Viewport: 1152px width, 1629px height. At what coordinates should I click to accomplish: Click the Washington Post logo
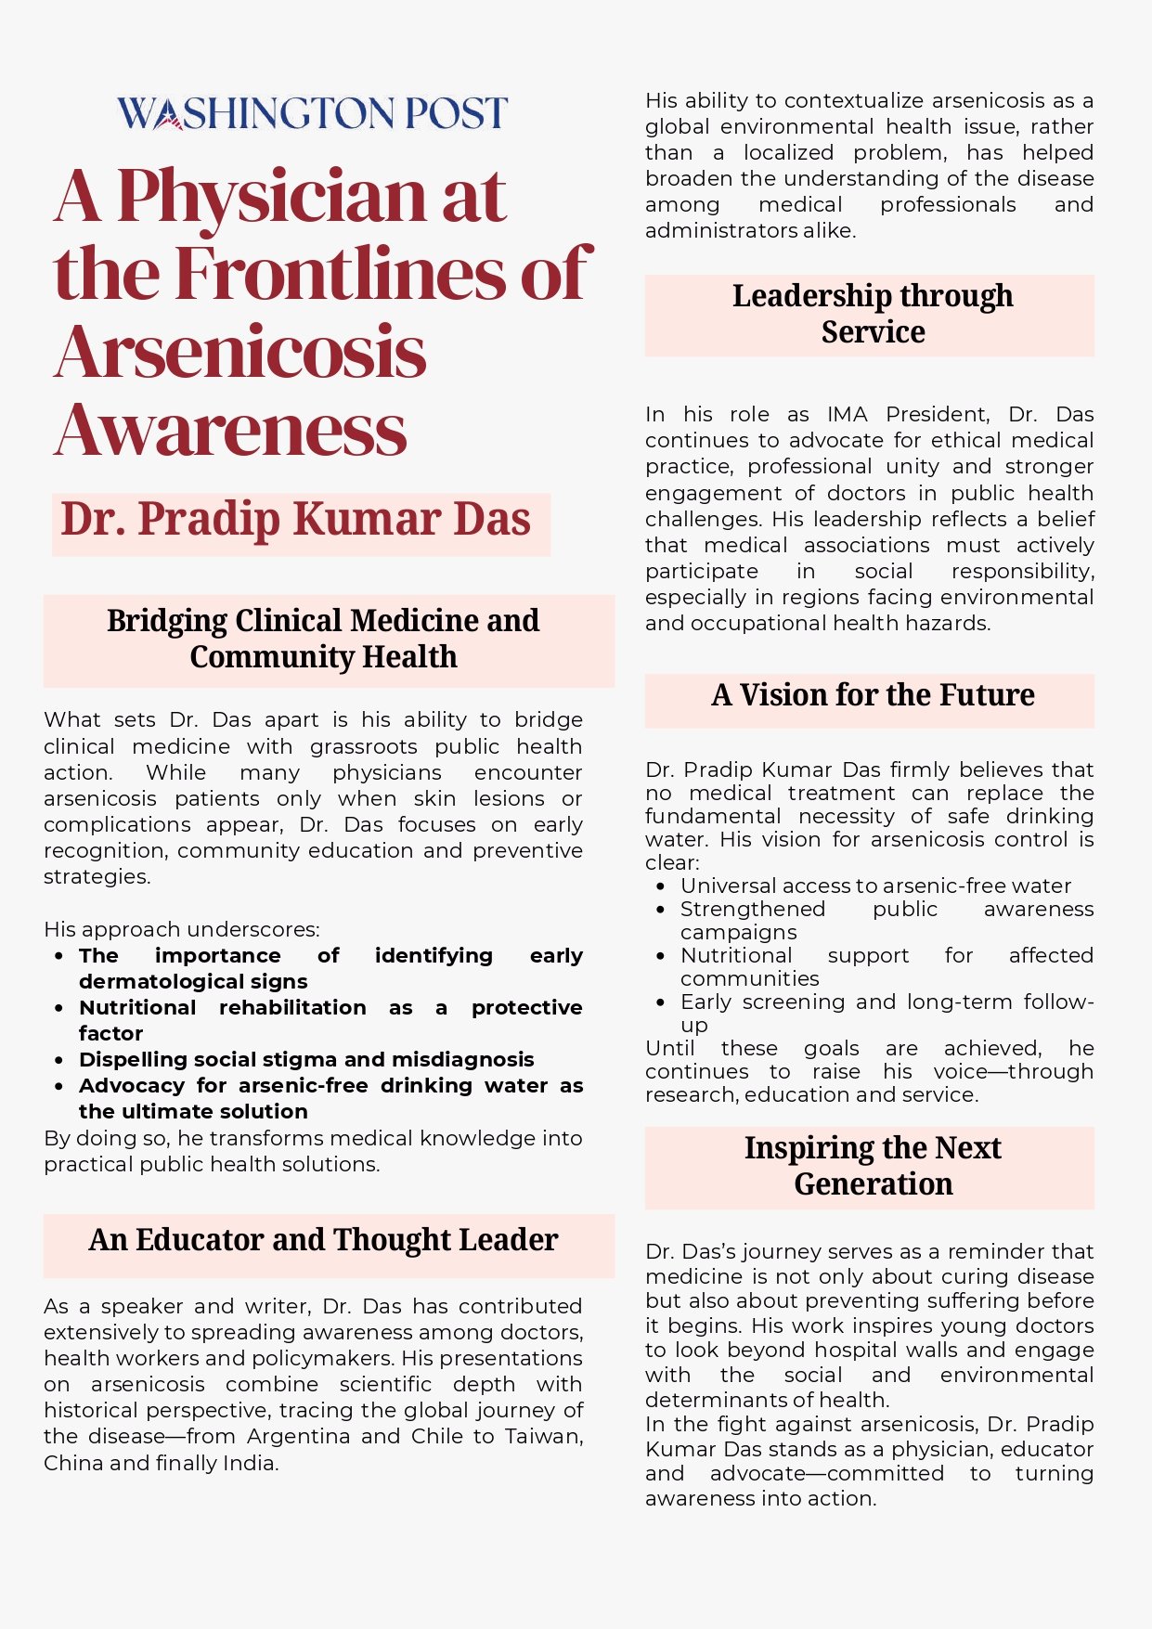(312, 113)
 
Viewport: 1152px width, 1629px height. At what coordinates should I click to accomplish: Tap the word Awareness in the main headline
(231, 431)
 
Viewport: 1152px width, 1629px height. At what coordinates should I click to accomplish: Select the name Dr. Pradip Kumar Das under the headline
(296, 519)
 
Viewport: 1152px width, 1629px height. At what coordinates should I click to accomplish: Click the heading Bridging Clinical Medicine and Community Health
(323, 639)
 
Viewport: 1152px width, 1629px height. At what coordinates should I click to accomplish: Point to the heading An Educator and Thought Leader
(323, 1240)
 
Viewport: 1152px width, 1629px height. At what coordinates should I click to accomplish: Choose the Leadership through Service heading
(873, 314)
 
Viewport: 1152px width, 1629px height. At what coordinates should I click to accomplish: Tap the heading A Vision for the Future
(873, 695)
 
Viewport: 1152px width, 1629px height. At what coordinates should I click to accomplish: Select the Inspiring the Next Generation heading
(873, 1166)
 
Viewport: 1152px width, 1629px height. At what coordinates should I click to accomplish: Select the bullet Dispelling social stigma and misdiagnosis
(306, 1060)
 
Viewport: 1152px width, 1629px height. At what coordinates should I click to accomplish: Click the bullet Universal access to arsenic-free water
(875, 886)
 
